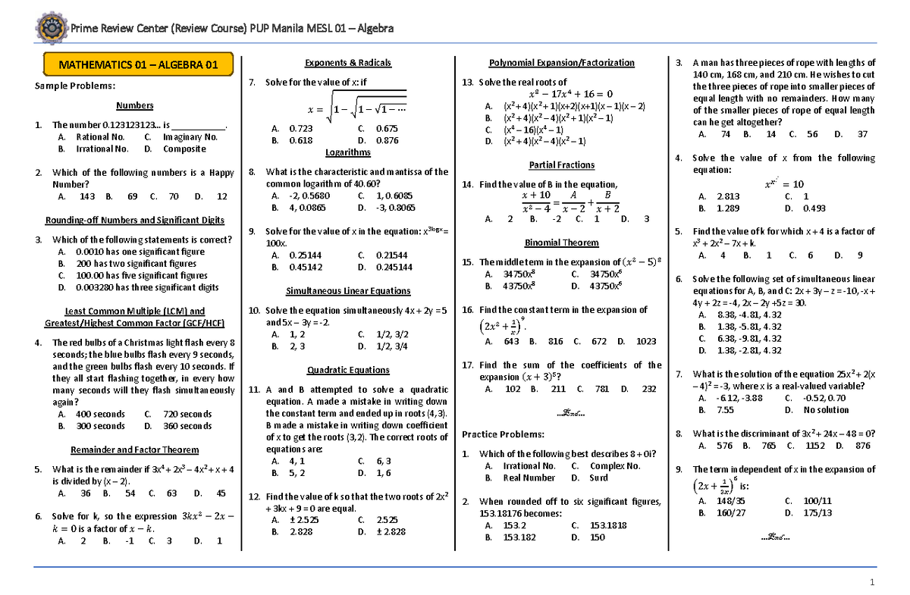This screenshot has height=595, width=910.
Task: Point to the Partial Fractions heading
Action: click(561, 165)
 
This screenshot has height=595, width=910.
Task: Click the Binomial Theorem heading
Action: click(561, 243)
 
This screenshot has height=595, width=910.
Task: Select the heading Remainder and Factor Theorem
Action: click(134, 449)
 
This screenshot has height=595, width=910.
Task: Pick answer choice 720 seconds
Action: click(185, 415)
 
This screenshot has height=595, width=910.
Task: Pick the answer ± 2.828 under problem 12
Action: click(389, 532)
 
